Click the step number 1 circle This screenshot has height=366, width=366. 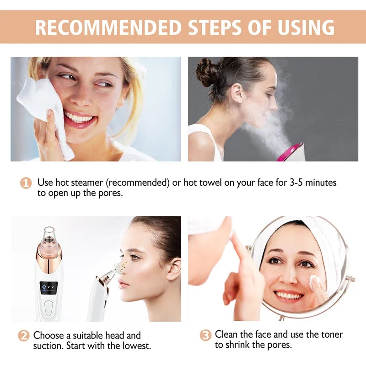(x=26, y=183)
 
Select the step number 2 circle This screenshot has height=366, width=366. (x=24, y=335)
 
